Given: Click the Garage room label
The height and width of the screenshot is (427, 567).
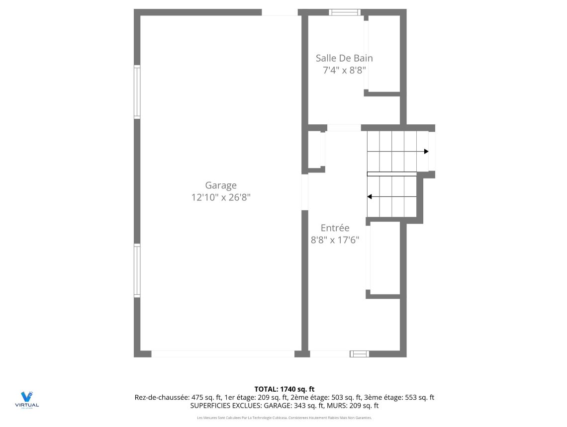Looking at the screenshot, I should (221, 185).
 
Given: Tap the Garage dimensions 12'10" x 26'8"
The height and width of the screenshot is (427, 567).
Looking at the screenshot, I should (221, 197).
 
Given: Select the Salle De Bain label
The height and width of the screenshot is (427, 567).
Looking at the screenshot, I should (344, 58).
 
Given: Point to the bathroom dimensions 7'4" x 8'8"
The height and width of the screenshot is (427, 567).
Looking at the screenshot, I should (345, 70).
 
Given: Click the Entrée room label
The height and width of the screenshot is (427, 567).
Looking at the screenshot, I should (335, 228).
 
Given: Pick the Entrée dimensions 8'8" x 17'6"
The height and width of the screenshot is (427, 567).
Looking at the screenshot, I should (335, 240).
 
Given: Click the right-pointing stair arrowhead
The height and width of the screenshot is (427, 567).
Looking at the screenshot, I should (426, 151).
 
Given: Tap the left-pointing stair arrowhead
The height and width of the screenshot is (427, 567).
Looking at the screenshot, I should (370, 197).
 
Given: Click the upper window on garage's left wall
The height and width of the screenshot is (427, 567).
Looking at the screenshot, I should (137, 92).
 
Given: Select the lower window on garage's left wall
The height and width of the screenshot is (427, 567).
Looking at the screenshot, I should (137, 270).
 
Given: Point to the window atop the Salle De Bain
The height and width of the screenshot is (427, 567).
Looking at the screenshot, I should (344, 12).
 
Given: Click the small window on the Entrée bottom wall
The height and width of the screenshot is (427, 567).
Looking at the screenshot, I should (359, 354).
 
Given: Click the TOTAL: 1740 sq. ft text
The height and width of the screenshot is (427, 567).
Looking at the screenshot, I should (284, 389).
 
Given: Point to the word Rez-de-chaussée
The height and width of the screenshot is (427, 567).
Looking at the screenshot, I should (161, 398).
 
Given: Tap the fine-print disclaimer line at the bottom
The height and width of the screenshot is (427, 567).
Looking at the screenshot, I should (284, 418).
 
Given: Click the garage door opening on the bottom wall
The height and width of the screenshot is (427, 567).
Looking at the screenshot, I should (222, 354).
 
